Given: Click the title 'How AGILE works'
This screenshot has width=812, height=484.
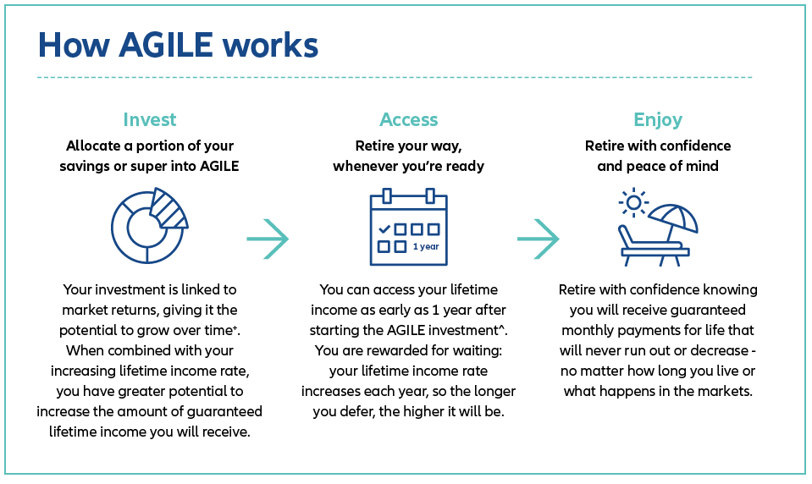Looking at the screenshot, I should [x=178, y=45].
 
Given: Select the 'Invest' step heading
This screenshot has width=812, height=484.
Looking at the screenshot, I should [x=150, y=119].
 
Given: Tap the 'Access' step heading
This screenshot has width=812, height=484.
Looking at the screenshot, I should [x=408, y=119].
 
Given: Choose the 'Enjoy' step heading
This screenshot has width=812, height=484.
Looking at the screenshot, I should [x=658, y=119].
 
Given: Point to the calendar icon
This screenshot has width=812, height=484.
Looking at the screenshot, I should [x=408, y=228].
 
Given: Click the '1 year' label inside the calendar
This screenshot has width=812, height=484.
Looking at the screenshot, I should [x=426, y=247].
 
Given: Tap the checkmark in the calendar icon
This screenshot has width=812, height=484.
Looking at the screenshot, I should [x=384, y=228].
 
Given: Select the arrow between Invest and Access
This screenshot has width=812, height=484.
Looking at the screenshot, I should [x=268, y=239].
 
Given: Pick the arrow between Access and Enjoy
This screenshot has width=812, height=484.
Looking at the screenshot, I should [x=539, y=239].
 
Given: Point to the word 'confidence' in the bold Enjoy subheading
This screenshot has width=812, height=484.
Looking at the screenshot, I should [x=694, y=146].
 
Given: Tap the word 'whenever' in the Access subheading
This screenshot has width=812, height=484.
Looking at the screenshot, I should [x=364, y=166].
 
